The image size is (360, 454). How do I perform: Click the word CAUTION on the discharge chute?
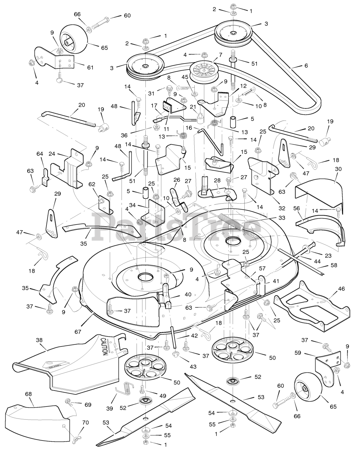coord(104,347)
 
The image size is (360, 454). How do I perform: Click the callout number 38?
coord(39,340)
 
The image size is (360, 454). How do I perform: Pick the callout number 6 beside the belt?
coord(306,66)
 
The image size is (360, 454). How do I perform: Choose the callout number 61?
coord(90,67)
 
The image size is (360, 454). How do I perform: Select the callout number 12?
coord(243,85)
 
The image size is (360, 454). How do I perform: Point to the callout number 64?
coord(39,154)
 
